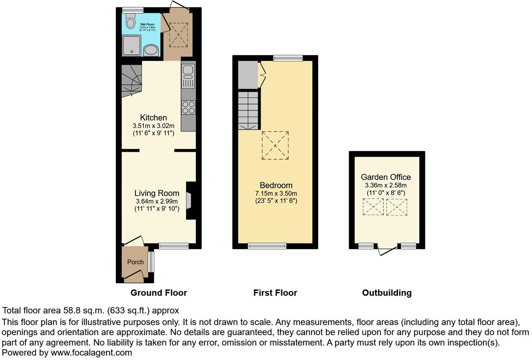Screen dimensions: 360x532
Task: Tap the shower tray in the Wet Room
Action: [131, 45]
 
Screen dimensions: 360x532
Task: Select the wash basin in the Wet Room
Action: [151, 50]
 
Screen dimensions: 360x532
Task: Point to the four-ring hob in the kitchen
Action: [188, 107]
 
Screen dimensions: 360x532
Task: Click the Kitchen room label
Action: [154, 118]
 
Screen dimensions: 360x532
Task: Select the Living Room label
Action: [157, 193]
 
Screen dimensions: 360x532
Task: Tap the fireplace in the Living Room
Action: [190, 201]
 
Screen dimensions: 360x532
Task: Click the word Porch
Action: [136, 262]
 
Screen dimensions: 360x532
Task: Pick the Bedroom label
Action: [276, 185]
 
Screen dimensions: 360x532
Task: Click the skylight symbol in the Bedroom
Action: [275, 145]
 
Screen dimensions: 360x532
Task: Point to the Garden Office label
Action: [386, 177]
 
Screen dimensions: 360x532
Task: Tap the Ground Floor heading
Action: [159, 293]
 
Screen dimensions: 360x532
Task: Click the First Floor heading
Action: [275, 293]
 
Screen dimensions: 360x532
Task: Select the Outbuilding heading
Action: [387, 293]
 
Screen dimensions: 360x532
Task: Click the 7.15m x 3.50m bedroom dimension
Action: [276, 194]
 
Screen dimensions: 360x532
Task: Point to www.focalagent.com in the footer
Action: [91, 352]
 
